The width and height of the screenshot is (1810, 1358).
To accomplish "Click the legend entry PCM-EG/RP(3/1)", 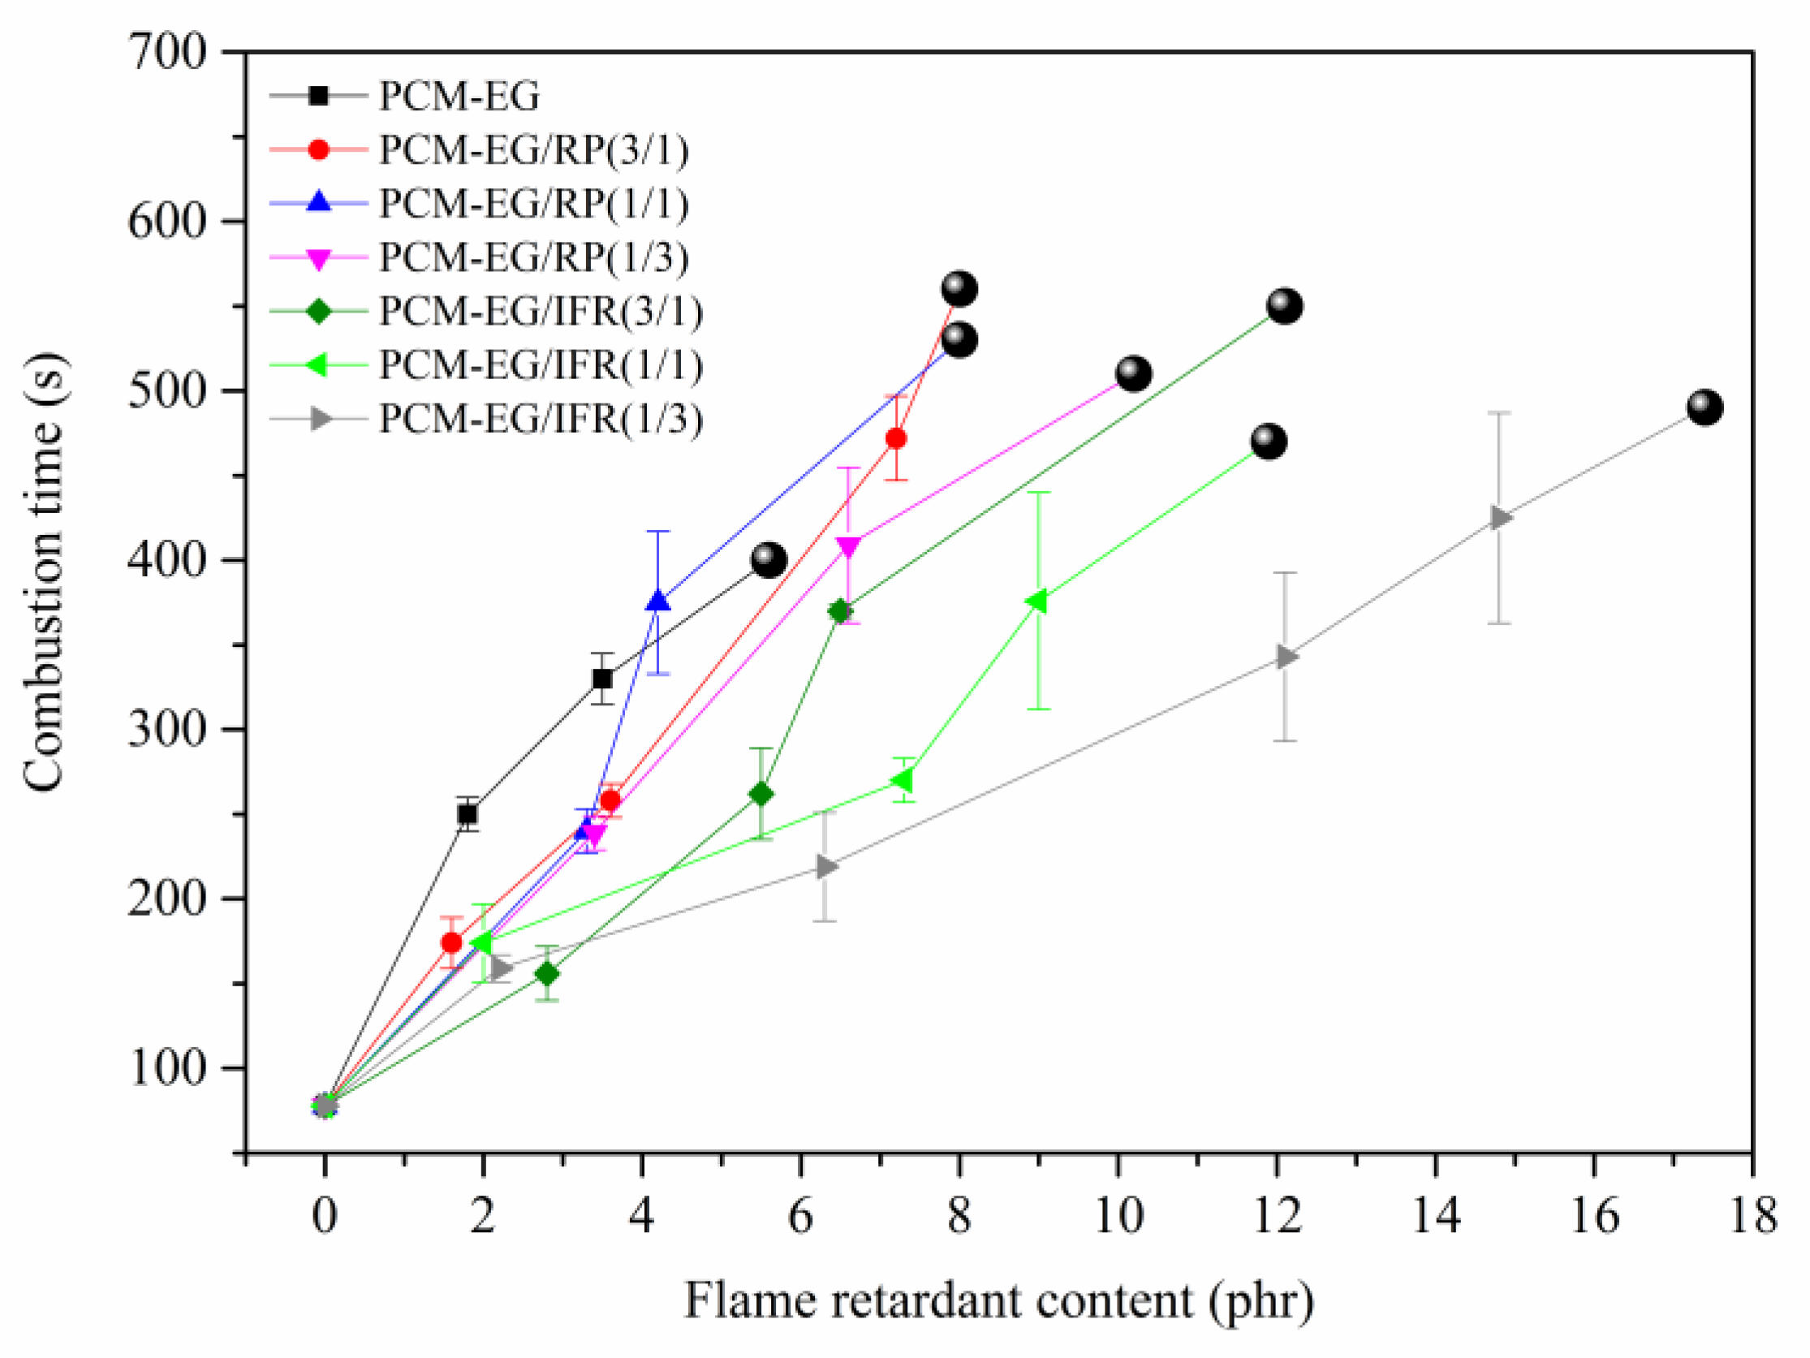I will point(532,150).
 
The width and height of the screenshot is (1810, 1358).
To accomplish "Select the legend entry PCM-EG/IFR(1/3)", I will point(540,419).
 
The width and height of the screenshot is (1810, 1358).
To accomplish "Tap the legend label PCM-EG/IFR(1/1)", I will point(540,365).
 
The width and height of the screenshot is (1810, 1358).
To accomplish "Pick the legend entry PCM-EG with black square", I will point(459,96).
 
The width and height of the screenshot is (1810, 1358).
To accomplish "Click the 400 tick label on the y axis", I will point(167,561).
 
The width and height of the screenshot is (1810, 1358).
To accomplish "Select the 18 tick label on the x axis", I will point(1752,1216).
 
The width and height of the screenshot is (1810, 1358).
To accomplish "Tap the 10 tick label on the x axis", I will point(1118,1216).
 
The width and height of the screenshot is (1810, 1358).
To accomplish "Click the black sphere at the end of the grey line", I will point(1704,407).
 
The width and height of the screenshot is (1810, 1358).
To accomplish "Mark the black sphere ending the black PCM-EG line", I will point(769,560).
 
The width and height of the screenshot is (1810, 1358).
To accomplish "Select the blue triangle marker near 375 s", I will point(659,601).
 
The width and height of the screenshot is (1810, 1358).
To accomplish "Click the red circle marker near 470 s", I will point(896,439).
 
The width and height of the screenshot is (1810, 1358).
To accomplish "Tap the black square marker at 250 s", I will point(468,813).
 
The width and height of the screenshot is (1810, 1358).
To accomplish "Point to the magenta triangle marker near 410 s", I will point(847,546).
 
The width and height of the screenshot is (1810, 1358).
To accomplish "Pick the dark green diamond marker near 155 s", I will point(547,974).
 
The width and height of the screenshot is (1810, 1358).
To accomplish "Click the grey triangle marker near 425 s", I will point(1500,518).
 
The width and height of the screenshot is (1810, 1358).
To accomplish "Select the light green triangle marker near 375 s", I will point(1036,601).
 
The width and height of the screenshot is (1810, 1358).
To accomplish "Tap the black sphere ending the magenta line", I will point(1133,373).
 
